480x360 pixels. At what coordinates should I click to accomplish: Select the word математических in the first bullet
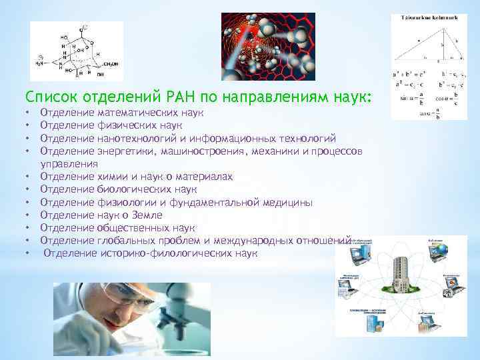(146, 114)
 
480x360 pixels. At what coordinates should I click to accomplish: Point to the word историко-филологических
(153, 253)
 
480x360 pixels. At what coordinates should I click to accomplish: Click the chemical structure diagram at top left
(77, 52)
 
